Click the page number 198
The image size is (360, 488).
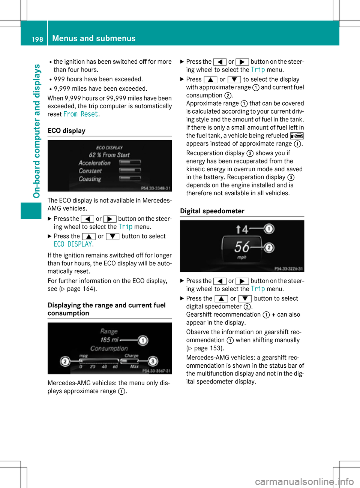click(37, 39)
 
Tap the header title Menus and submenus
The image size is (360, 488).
click(94, 38)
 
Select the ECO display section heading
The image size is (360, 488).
click(66, 131)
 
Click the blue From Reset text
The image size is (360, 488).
click(81, 114)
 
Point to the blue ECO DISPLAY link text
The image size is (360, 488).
click(73, 244)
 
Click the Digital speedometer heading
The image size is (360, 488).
click(212, 211)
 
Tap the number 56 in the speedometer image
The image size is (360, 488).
click(242, 247)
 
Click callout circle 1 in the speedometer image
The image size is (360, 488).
click(269, 229)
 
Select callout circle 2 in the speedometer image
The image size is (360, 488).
click(269, 248)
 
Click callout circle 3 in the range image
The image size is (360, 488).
click(153, 361)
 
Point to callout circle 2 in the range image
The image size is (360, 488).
click(65, 361)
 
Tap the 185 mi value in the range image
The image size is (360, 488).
click(109, 340)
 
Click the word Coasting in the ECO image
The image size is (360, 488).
click(90, 179)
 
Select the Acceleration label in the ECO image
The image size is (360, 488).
click(94, 163)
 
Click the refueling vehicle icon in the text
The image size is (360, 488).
click(297, 136)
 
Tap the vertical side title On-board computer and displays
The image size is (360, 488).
click(37, 131)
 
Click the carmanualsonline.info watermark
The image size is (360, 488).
click(304, 481)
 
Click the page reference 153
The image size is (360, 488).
click(214, 348)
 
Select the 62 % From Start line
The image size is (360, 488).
click(109, 155)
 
